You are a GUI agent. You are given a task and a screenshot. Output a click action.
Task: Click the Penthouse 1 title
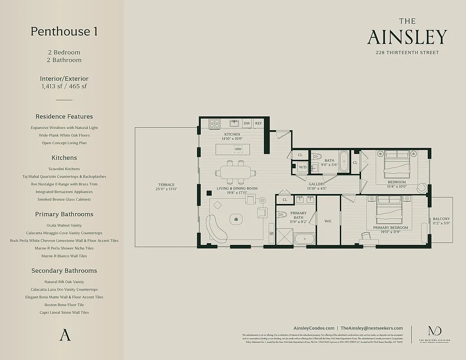click(x=64, y=31)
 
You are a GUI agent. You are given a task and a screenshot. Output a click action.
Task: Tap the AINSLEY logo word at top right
click(x=407, y=37)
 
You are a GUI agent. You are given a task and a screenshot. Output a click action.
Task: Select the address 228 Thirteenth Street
click(x=407, y=53)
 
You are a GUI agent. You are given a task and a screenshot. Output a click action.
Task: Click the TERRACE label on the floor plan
click(x=166, y=184)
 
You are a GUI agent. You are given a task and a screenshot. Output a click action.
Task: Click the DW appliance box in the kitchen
click(x=247, y=123)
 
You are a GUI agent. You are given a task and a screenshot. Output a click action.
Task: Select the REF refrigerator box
click(x=258, y=123)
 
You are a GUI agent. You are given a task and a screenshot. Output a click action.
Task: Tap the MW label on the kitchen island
click(x=238, y=149)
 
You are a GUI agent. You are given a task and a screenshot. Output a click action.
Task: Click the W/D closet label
click(x=303, y=167)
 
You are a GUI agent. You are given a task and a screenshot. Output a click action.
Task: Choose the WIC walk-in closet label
click(x=328, y=221)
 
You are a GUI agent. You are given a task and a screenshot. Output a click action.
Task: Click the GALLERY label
click(x=317, y=184)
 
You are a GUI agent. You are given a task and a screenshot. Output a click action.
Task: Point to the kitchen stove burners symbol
click(x=214, y=123)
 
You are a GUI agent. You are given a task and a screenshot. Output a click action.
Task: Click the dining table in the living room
click(x=236, y=172)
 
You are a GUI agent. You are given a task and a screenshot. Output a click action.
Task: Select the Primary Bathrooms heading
click(x=64, y=214)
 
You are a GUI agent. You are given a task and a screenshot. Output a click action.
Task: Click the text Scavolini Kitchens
click(x=64, y=169)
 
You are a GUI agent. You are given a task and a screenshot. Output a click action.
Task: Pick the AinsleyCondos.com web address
click(x=314, y=328)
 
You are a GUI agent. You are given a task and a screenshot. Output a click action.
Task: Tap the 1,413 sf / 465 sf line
click(x=64, y=86)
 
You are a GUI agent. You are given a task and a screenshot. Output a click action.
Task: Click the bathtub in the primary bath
click(x=305, y=239)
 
